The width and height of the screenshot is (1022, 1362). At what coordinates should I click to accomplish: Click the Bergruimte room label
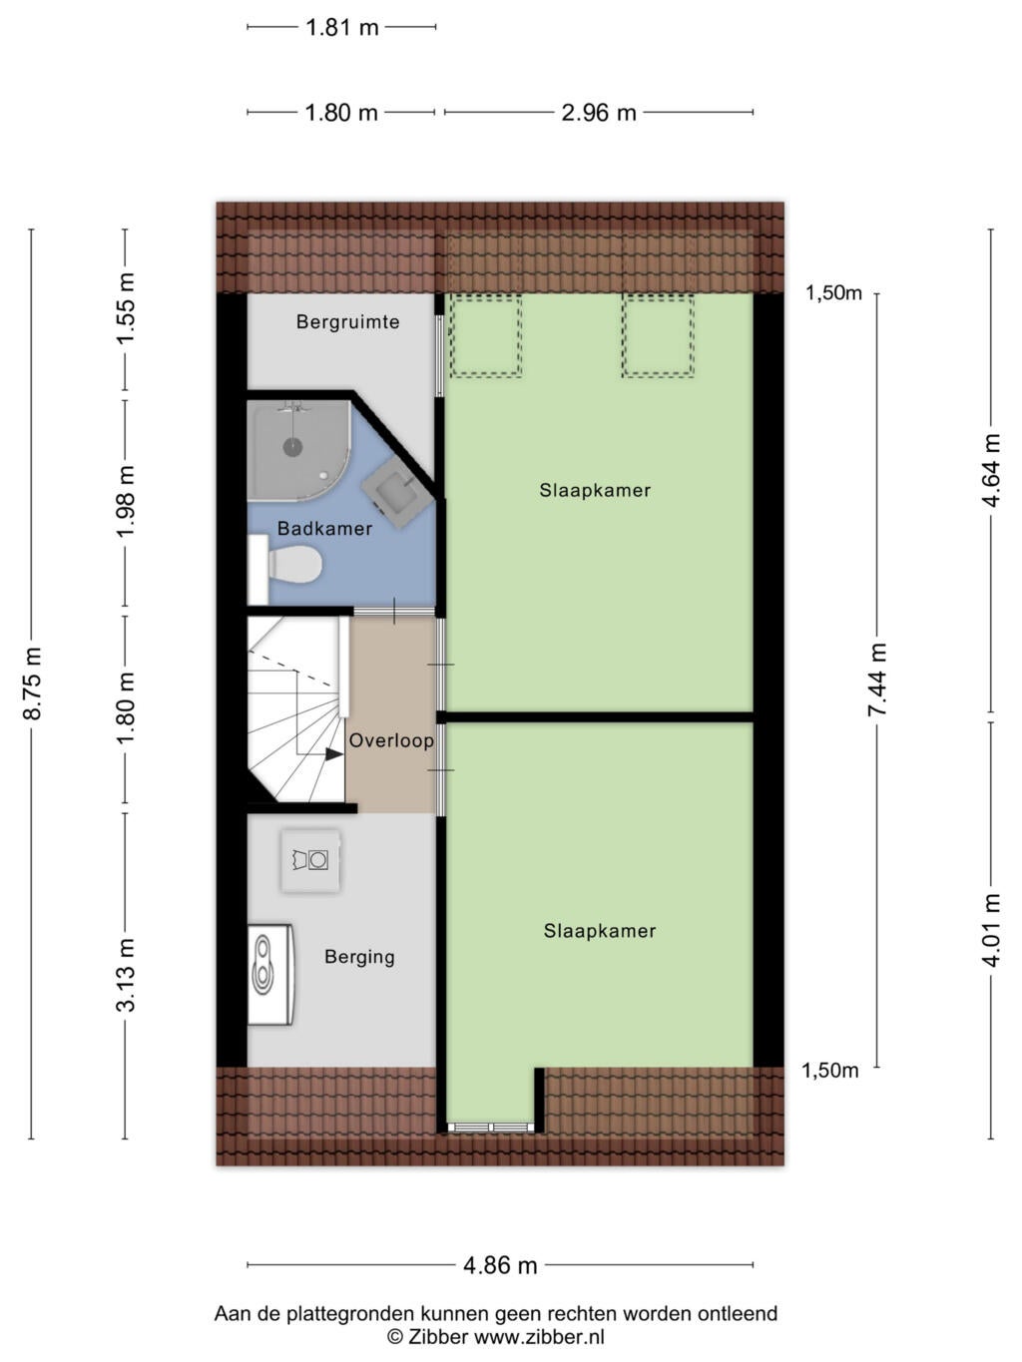click(347, 321)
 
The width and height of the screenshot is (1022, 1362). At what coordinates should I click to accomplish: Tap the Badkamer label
click(324, 528)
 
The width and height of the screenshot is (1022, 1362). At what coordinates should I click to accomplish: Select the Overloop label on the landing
click(391, 740)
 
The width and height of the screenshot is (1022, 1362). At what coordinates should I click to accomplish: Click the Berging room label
click(359, 956)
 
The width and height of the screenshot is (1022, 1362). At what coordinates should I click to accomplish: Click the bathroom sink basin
click(396, 493)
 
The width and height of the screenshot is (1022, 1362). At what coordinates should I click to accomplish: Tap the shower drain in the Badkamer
click(292, 446)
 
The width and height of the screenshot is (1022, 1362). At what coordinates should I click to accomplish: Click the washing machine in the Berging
click(310, 861)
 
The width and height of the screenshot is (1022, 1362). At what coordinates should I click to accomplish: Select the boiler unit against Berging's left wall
click(270, 974)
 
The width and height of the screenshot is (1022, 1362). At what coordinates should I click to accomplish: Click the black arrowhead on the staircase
click(334, 754)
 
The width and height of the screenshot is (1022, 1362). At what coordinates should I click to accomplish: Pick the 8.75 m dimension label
click(32, 683)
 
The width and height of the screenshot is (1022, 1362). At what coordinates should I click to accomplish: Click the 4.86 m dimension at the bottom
click(500, 1264)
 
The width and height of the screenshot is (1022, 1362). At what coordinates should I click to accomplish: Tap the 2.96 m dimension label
click(599, 113)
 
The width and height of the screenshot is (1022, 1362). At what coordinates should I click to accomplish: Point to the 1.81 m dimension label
click(342, 27)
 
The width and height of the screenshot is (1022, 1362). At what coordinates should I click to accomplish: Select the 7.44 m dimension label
click(877, 680)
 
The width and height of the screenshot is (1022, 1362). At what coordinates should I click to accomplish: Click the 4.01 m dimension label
click(991, 930)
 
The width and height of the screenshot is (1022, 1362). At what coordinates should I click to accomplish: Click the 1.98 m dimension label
click(126, 502)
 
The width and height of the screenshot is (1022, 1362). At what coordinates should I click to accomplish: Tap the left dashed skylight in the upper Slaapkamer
click(486, 335)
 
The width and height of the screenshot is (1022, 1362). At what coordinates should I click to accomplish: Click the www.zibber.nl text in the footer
click(539, 1336)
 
